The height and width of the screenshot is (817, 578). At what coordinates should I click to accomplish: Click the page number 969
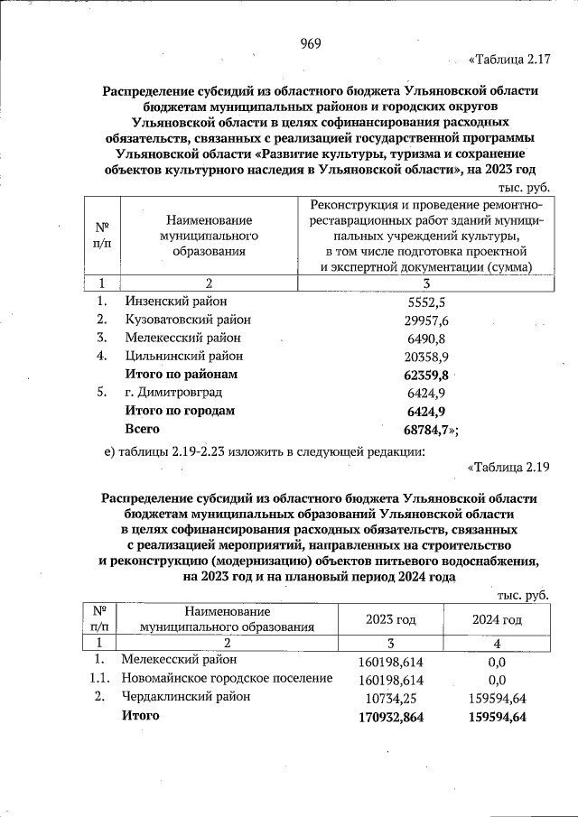pos(312,43)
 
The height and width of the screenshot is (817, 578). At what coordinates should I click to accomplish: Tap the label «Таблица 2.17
pos(508,60)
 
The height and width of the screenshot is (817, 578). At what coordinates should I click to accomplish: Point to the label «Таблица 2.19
pos(508,467)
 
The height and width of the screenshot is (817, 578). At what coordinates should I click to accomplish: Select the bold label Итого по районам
pos(182,374)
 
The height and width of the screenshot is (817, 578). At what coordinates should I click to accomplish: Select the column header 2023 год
pos(390,620)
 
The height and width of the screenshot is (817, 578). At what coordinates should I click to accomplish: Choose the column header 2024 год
pos(497,620)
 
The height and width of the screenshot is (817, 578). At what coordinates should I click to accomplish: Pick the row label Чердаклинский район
pos(185,697)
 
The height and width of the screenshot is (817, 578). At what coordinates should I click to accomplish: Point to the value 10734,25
pos(391,698)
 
